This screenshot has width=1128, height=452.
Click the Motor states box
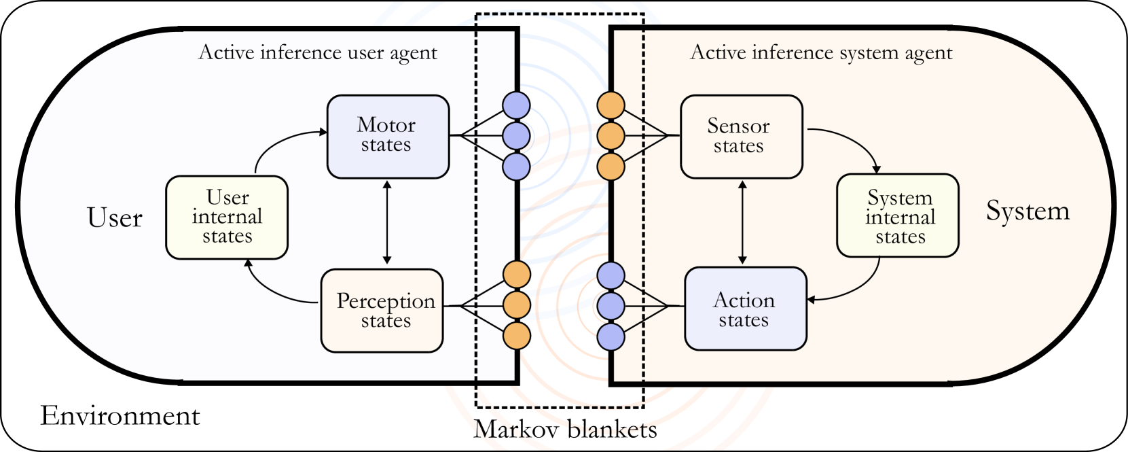pos(388,137)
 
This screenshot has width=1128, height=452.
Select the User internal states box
pos(227,218)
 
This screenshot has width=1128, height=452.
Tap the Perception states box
pos(382,311)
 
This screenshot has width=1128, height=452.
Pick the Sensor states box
pos(741,137)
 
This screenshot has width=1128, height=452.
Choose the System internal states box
pos(897,215)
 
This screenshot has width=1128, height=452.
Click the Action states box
pos(745,309)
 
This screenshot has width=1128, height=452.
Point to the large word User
pos(115,218)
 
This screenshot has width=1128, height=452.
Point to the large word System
pos(1027,211)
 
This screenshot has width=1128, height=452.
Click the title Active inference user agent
pos(318,52)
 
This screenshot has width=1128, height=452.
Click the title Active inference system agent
pos(821,52)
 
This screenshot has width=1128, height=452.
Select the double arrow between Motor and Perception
pos(387,222)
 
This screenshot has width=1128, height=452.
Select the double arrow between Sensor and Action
pos(742,222)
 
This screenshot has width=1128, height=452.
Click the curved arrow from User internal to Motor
pos(278,141)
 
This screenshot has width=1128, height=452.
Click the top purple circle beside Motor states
pos(516,105)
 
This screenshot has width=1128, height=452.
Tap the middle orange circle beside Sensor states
pos(611,136)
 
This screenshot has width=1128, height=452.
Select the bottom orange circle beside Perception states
pos(517,336)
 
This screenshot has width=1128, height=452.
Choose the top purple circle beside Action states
pos(611,275)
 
